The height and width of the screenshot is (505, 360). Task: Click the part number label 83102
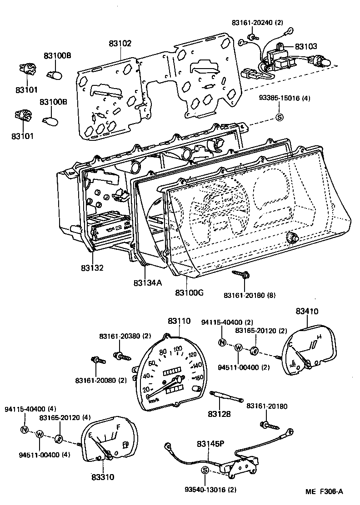[x=120, y=44]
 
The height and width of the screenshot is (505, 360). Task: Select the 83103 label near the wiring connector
[x=306, y=46]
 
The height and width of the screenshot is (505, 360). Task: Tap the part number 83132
[x=93, y=268]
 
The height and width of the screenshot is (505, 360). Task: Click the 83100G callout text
[x=189, y=292]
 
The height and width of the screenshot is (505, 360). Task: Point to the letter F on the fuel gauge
[x=118, y=427]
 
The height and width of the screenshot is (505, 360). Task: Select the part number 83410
[x=307, y=312]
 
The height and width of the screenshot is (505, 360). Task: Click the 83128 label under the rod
[x=220, y=414]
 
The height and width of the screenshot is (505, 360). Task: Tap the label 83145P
[x=211, y=443]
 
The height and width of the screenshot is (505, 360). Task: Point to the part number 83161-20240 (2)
[x=257, y=22]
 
